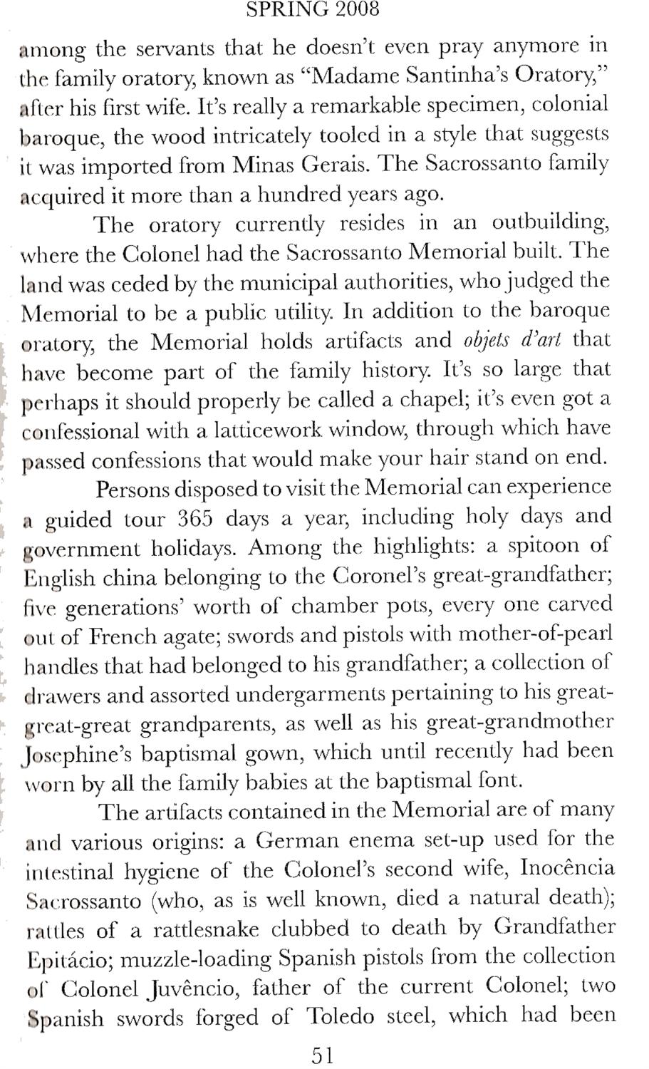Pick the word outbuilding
[550, 224]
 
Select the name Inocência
[567, 869]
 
